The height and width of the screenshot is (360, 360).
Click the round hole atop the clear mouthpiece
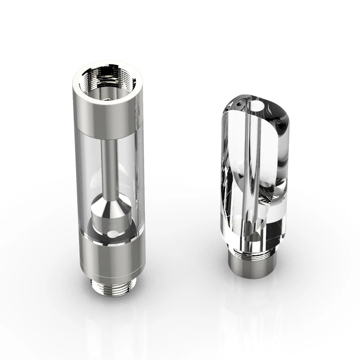pyautogui.click(x=257, y=108)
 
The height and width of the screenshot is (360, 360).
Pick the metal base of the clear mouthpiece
pyautogui.click(x=252, y=261)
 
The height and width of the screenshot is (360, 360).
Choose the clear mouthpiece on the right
pyautogui.click(x=254, y=180)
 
